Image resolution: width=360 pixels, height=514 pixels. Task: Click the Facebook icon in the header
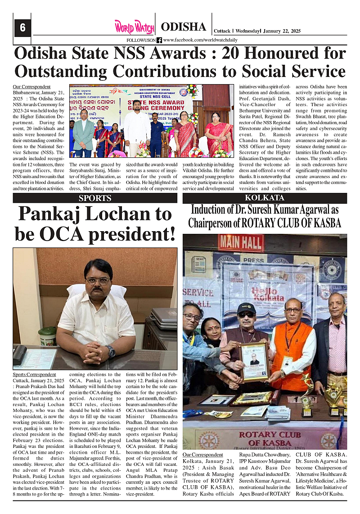159,40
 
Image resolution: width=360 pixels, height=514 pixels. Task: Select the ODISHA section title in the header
183,27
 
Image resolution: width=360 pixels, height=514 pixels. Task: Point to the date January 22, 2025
282,31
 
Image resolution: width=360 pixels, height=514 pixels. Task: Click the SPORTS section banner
95,198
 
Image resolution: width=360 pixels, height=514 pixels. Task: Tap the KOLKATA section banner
264,198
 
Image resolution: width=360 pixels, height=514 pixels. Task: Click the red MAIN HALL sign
241,242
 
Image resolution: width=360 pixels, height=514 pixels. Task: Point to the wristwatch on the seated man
110,351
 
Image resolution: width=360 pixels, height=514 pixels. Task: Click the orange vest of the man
292,351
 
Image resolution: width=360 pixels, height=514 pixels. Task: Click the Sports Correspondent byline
35,374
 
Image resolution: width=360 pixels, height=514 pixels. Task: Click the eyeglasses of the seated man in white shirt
98,281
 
